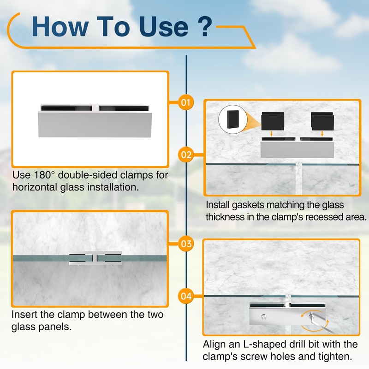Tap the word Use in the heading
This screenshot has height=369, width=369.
pyautogui.click(x=163, y=26)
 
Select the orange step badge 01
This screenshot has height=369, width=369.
pyautogui.click(x=186, y=102)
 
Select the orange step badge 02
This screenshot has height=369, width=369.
pyautogui.click(x=186, y=155)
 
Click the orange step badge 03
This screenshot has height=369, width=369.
pyautogui.click(x=186, y=244)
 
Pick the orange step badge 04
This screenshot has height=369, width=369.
pyautogui.click(x=186, y=296)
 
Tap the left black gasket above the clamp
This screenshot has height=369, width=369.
pyautogui.click(x=273, y=121)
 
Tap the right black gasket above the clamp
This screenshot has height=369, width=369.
pyautogui.click(x=322, y=121)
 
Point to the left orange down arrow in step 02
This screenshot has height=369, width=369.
pyautogui.click(x=271, y=134)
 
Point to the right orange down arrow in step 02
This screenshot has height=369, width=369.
pyautogui.click(x=322, y=134)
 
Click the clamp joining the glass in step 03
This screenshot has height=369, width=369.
pyautogui.click(x=95, y=258)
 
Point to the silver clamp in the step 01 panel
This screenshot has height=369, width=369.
pyautogui.click(x=95, y=121)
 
